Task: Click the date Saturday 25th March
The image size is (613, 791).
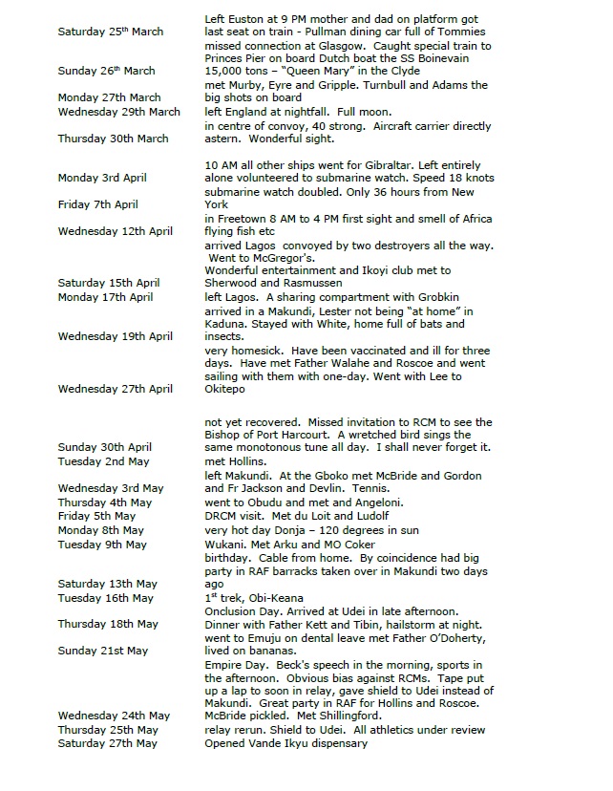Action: click(x=110, y=32)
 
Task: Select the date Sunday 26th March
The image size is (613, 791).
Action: click(x=106, y=72)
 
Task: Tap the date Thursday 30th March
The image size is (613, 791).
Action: click(x=113, y=139)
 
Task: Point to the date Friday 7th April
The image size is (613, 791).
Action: click(x=97, y=204)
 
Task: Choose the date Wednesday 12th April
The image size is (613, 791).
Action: click(x=115, y=231)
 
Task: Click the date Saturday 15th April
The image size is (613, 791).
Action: click(x=108, y=283)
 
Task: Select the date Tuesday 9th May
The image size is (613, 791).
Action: click(x=102, y=545)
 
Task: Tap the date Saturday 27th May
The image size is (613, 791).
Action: click(x=107, y=743)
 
